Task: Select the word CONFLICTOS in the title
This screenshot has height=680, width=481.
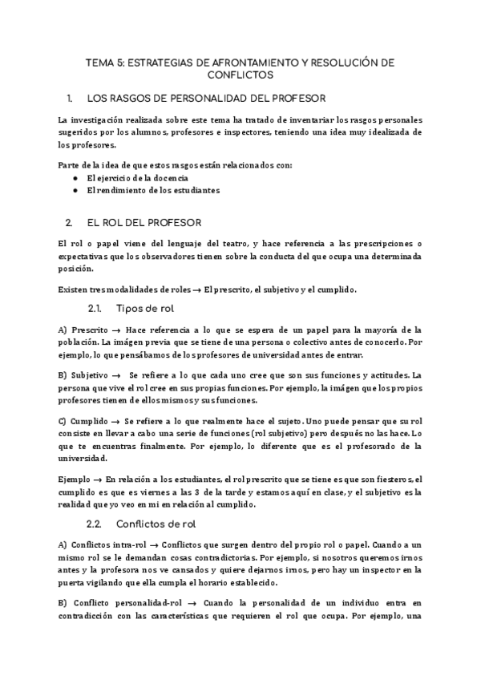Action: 240,75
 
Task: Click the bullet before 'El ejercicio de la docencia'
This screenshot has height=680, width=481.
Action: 75,177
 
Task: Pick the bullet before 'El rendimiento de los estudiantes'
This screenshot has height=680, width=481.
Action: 75,190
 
